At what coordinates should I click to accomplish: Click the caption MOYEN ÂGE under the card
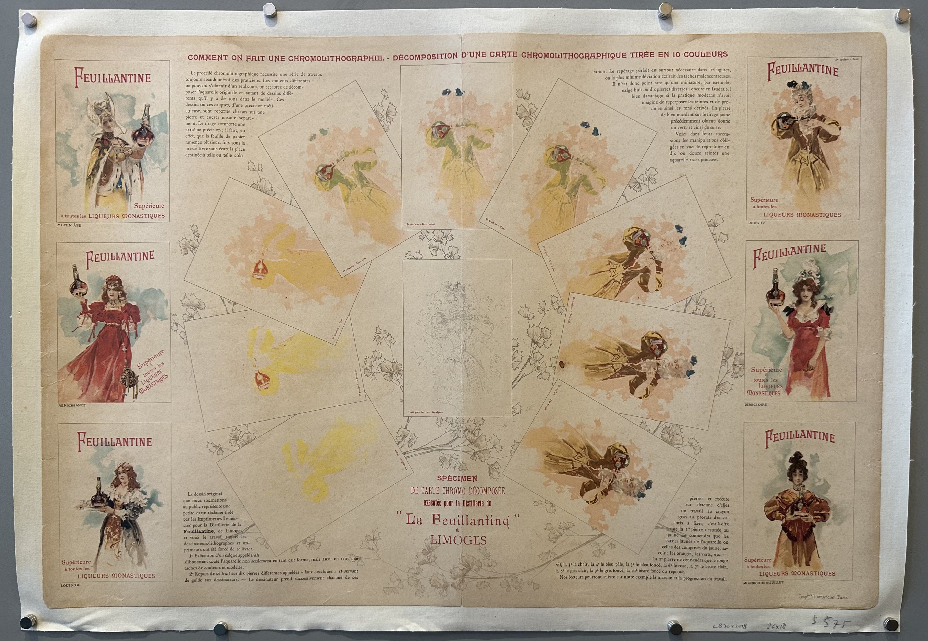[x=69, y=225]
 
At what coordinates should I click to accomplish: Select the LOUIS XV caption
[x=756, y=223]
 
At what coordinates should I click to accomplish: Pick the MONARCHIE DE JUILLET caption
[x=763, y=582]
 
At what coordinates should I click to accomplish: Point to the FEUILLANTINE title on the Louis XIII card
[x=115, y=441]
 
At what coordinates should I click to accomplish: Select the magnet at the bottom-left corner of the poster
[x=28, y=621]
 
